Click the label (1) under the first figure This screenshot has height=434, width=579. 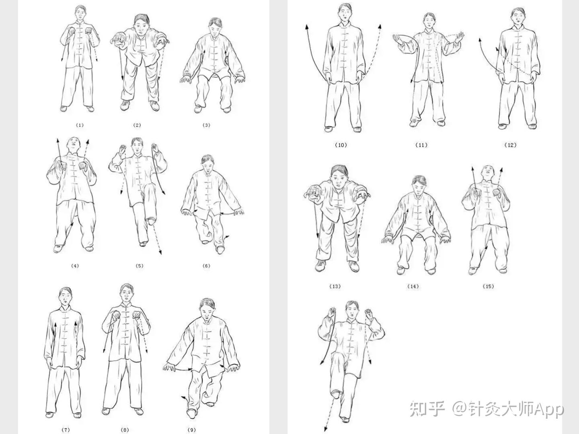80,125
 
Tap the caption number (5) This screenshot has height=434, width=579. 140,266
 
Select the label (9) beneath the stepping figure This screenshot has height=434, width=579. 192,430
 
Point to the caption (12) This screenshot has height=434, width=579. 510,145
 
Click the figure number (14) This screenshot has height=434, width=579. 413,287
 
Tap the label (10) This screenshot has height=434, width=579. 341,145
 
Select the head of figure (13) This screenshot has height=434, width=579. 339,176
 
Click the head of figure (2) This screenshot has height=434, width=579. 141,24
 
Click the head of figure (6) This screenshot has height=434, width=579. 207,164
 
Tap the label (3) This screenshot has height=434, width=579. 207,125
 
